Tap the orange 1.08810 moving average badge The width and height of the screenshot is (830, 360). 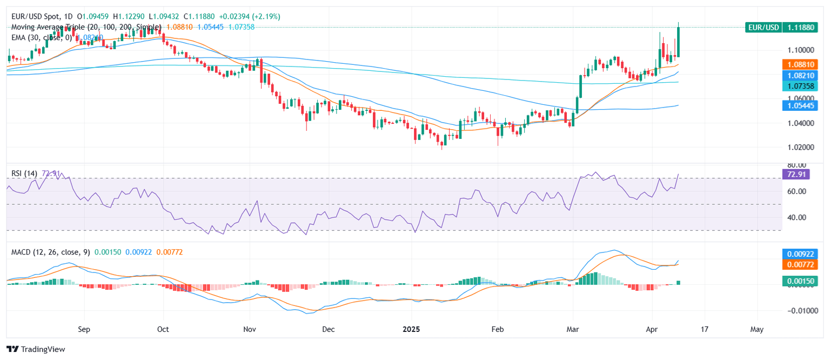[804, 64]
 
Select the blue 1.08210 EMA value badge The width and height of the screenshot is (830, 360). [804, 75]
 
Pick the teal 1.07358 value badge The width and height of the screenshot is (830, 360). [804, 86]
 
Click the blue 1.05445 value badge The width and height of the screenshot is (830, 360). [804, 105]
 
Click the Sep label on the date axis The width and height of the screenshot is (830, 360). [84, 329]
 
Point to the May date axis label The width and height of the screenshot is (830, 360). [757, 329]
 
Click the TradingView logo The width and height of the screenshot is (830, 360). [36, 349]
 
